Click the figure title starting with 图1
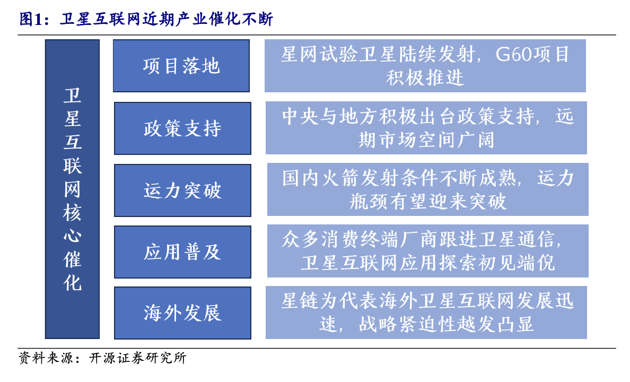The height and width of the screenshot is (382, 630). click(146, 19)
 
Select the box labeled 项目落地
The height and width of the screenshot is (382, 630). click(181, 66)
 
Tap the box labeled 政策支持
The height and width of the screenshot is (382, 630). click(182, 128)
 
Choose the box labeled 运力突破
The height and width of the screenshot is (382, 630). click(182, 190)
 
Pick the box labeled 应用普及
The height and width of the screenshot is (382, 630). click(182, 251)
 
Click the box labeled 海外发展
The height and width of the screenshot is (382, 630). click(182, 313)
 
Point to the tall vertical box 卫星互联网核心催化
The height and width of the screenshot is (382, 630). click(72, 189)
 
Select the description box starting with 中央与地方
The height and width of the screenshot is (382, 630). click(426, 128)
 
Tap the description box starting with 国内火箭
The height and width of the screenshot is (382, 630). click(427, 189)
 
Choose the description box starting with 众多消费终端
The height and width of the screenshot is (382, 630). click(427, 251)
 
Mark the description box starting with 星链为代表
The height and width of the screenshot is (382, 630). click(426, 312)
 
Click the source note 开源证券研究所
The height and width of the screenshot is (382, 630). click(138, 358)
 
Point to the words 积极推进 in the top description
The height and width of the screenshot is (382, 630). click(425, 77)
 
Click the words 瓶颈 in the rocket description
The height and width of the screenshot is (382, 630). click(369, 202)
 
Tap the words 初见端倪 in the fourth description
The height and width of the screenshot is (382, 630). click(515, 263)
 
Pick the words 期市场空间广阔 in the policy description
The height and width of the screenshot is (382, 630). click(426, 140)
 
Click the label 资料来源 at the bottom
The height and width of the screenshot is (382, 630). click(46, 358)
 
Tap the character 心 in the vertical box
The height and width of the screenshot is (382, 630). click(72, 236)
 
